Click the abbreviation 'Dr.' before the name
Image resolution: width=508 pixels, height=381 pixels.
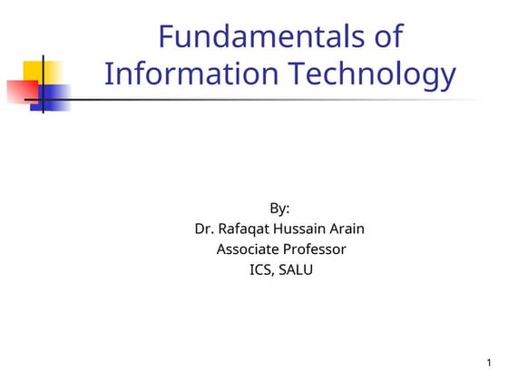point(205,229)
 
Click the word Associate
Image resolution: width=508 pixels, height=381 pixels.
point(247,249)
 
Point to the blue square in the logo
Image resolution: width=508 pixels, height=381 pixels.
point(51,98)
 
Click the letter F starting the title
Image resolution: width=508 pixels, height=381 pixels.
point(166,37)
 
